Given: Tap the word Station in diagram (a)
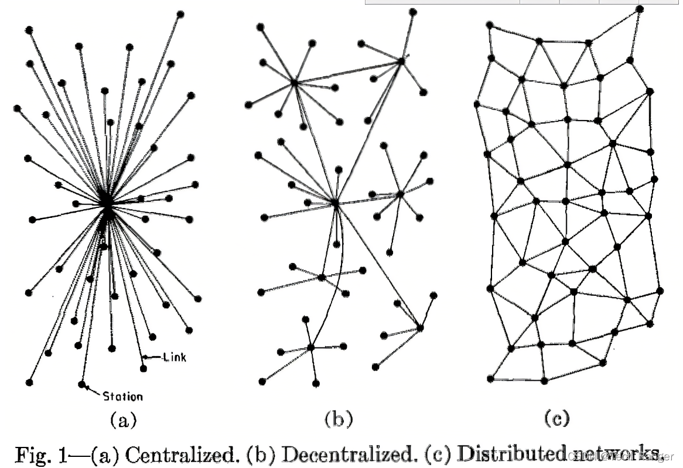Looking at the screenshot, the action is tap(122, 397).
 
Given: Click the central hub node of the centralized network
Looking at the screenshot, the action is tap(107, 202).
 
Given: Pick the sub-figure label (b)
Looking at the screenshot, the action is tap(339, 419).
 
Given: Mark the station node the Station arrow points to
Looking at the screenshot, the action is tap(81, 384).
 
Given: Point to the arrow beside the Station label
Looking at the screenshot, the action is tap(93, 391).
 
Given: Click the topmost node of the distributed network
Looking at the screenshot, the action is tap(640, 9).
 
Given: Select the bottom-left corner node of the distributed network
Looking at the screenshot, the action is tap(490, 378).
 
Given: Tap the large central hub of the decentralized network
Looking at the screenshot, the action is tap(335, 203).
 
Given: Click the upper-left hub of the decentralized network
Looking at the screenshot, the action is tap(295, 83).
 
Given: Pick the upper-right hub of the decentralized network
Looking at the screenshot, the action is tap(402, 60).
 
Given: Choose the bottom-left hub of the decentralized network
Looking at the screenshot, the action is tap(310, 348).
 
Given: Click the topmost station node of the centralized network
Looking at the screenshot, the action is tap(180, 13).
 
